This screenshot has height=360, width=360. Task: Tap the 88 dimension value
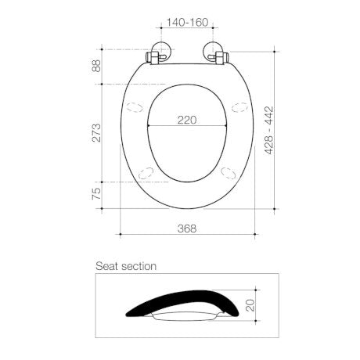(97, 67)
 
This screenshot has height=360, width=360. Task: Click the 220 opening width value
(186, 120)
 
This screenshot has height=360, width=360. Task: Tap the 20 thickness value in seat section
(250, 304)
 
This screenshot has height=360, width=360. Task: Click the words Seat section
(125, 266)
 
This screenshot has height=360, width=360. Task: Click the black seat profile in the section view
(180, 301)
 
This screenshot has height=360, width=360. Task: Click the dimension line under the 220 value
(186, 127)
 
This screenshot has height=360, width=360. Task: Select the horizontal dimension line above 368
(186, 234)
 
